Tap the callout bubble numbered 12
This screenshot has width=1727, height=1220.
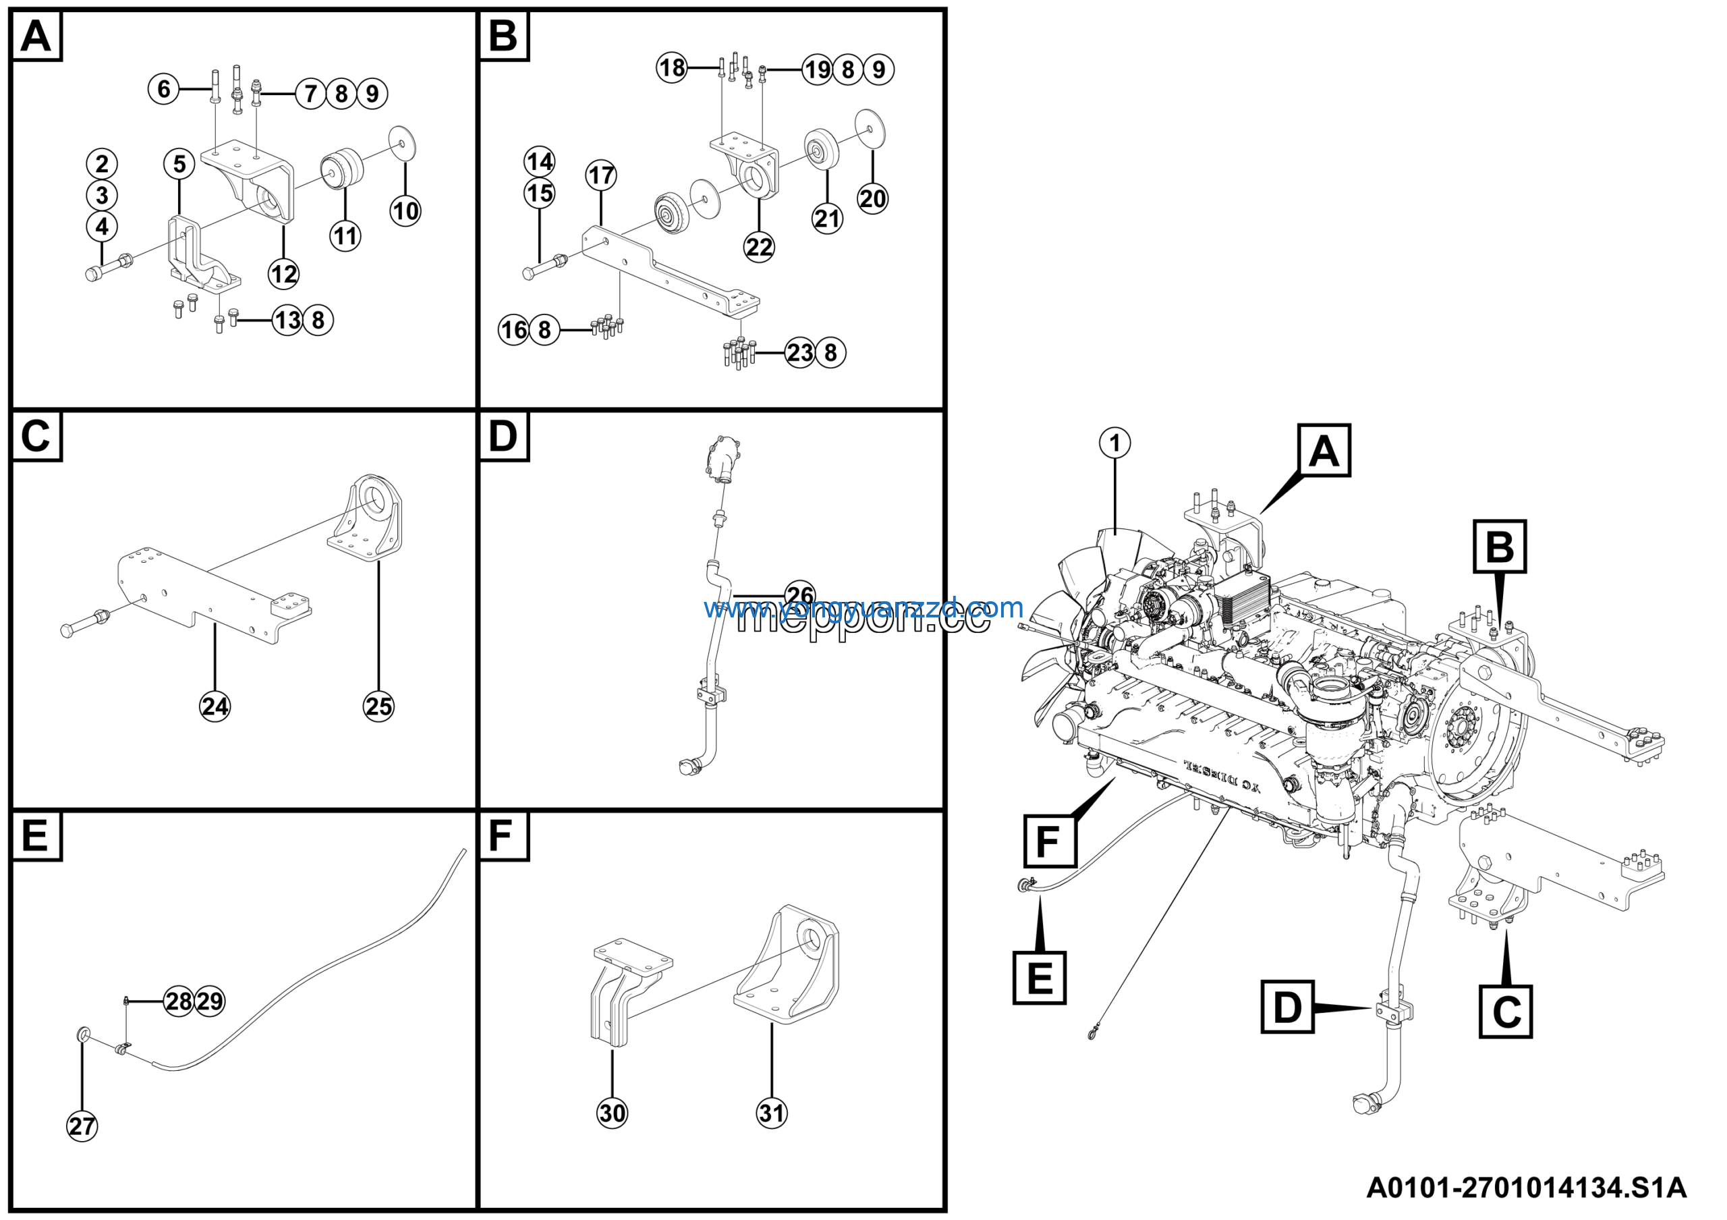(283, 274)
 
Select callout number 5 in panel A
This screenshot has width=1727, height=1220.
(179, 164)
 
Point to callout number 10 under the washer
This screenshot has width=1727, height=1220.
(405, 211)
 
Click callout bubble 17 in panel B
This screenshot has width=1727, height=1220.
(601, 175)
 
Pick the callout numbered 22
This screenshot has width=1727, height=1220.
(759, 247)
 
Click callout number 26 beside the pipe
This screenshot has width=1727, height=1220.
(799, 595)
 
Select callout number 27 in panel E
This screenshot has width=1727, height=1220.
(82, 1126)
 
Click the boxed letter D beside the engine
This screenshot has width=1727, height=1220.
(1287, 1006)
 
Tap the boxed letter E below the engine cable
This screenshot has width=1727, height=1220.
(1040, 978)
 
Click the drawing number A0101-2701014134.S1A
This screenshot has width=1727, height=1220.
(1526, 1188)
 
